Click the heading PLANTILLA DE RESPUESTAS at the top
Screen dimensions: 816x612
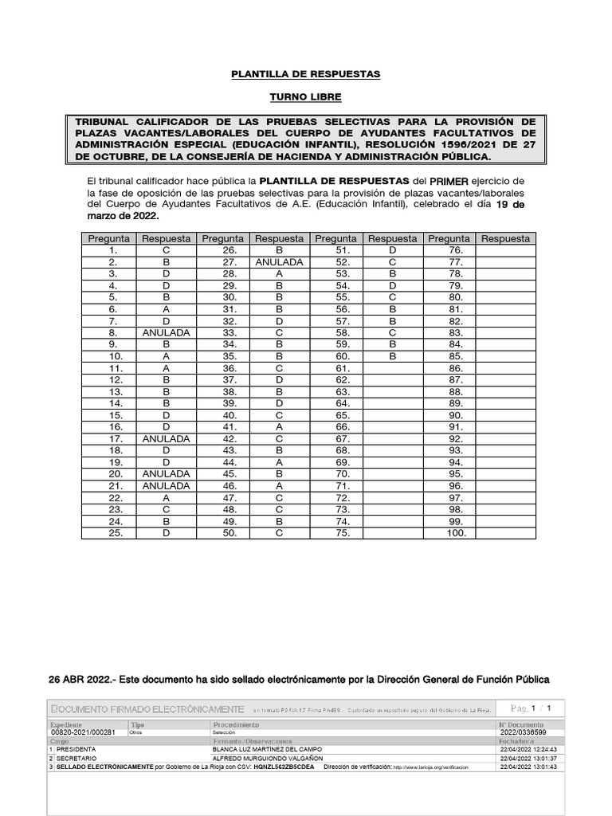pyautogui.click(x=305, y=74)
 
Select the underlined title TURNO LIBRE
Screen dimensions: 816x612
pyautogui.click(x=305, y=97)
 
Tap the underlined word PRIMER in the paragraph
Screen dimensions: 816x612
pyautogui.click(x=449, y=181)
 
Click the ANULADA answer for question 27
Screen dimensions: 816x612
pyautogui.click(x=279, y=261)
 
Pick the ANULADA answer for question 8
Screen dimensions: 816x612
pyautogui.click(x=166, y=332)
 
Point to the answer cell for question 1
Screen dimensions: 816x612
pyautogui.click(x=166, y=249)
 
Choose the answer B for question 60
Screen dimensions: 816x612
pyautogui.click(x=392, y=356)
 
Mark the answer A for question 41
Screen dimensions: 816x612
pyautogui.click(x=279, y=427)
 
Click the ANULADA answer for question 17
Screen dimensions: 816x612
pyautogui.click(x=166, y=439)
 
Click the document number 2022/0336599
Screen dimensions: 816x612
pyautogui.click(x=523, y=732)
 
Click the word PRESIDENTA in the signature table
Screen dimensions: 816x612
pyautogui.click(x=76, y=750)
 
